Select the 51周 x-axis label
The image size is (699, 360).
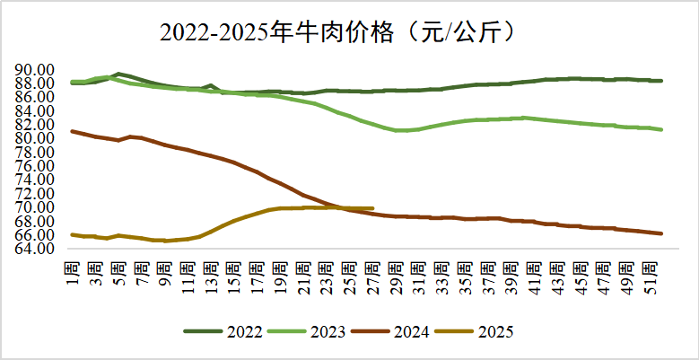(x=650, y=269)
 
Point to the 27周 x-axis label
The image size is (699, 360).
(x=372, y=269)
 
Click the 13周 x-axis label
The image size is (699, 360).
(x=211, y=269)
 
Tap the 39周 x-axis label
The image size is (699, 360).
(x=511, y=269)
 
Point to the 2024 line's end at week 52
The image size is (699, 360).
(x=661, y=233)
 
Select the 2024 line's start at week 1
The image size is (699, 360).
(x=73, y=131)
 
